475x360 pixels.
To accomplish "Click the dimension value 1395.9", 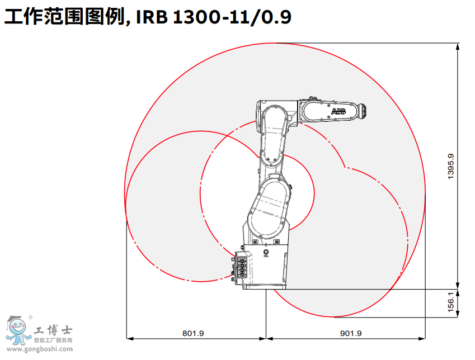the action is tap(451, 166).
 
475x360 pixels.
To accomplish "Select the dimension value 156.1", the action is tap(451, 302).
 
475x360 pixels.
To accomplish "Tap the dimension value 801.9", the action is tap(193, 333).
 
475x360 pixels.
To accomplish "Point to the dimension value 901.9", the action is tap(351, 333).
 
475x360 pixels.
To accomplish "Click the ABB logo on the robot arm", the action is tap(338, 111).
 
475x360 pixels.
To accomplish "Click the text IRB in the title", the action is tap(152, 17).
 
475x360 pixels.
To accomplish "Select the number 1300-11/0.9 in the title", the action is tap(232, 17).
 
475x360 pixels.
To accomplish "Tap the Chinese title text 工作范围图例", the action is tap(65, 17).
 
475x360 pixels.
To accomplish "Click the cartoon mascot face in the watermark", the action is tap(17, 326).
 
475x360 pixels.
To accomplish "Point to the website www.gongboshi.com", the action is tap(40, 349).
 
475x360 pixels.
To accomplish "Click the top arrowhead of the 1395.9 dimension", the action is tap(458, 46).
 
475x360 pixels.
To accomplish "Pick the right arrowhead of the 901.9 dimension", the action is tap(422, 339).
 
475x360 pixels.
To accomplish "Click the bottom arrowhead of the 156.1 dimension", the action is tap(458, 314).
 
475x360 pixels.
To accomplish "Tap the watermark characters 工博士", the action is tap(53, 330).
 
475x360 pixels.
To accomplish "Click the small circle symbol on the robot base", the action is tap(266, 252).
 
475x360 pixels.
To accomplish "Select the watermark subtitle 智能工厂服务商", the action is tap(53, 340).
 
